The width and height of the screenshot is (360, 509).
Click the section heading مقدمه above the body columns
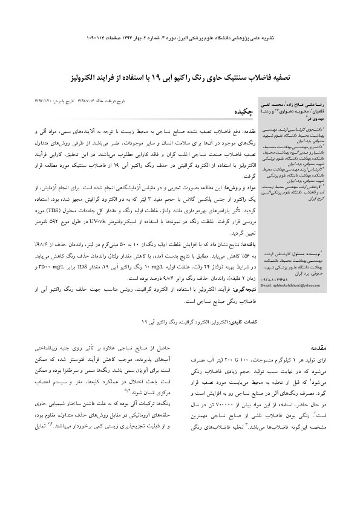(243, 349)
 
